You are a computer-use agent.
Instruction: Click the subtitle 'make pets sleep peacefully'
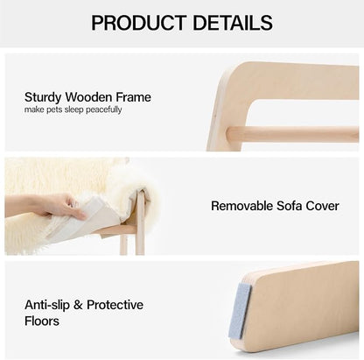pyautogui.click(x=73, y=109)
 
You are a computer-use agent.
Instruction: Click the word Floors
pyautogui.click(x=44, y=321)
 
